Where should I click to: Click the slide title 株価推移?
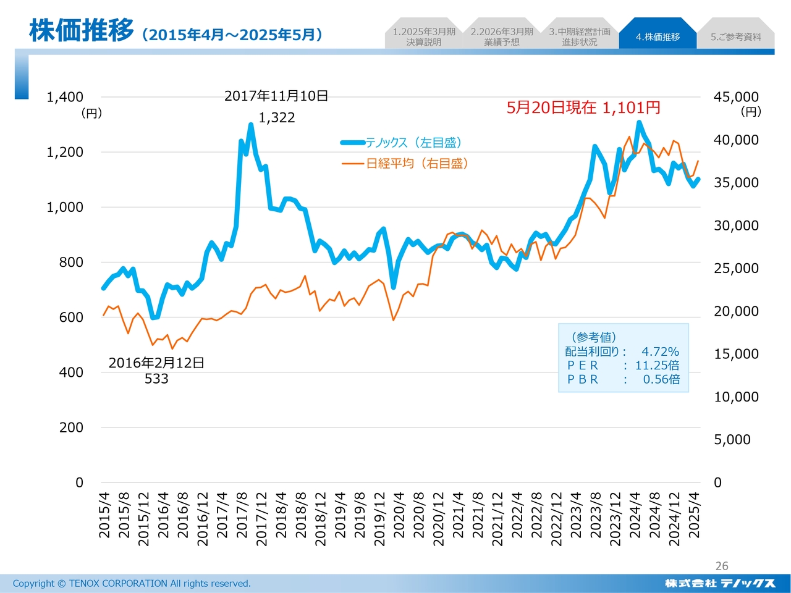coord(81,31)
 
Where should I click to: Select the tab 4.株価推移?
coord(658,37)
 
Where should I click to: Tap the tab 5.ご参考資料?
coord(735,37)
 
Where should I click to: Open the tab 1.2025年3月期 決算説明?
coord(424,37)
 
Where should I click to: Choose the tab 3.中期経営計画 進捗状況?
coord(580,37)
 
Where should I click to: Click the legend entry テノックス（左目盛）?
coord(413,143)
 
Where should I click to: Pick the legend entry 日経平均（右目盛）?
coord(417,164)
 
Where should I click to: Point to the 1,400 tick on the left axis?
coord(65,97)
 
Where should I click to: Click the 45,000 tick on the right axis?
coord(736,97)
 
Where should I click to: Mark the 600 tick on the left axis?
coord(71,317)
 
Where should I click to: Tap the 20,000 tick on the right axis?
coord(736,311)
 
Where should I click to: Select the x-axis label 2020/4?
coord(399,519)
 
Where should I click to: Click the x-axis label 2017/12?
coord(261,519)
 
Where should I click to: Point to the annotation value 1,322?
coord(277,117)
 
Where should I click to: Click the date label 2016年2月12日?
coord(156,363)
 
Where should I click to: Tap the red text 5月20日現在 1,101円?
coord(583,108)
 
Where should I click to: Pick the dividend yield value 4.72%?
coord(660,351)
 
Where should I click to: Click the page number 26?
coord(722,566)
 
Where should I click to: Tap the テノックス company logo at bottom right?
coord(720,583)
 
